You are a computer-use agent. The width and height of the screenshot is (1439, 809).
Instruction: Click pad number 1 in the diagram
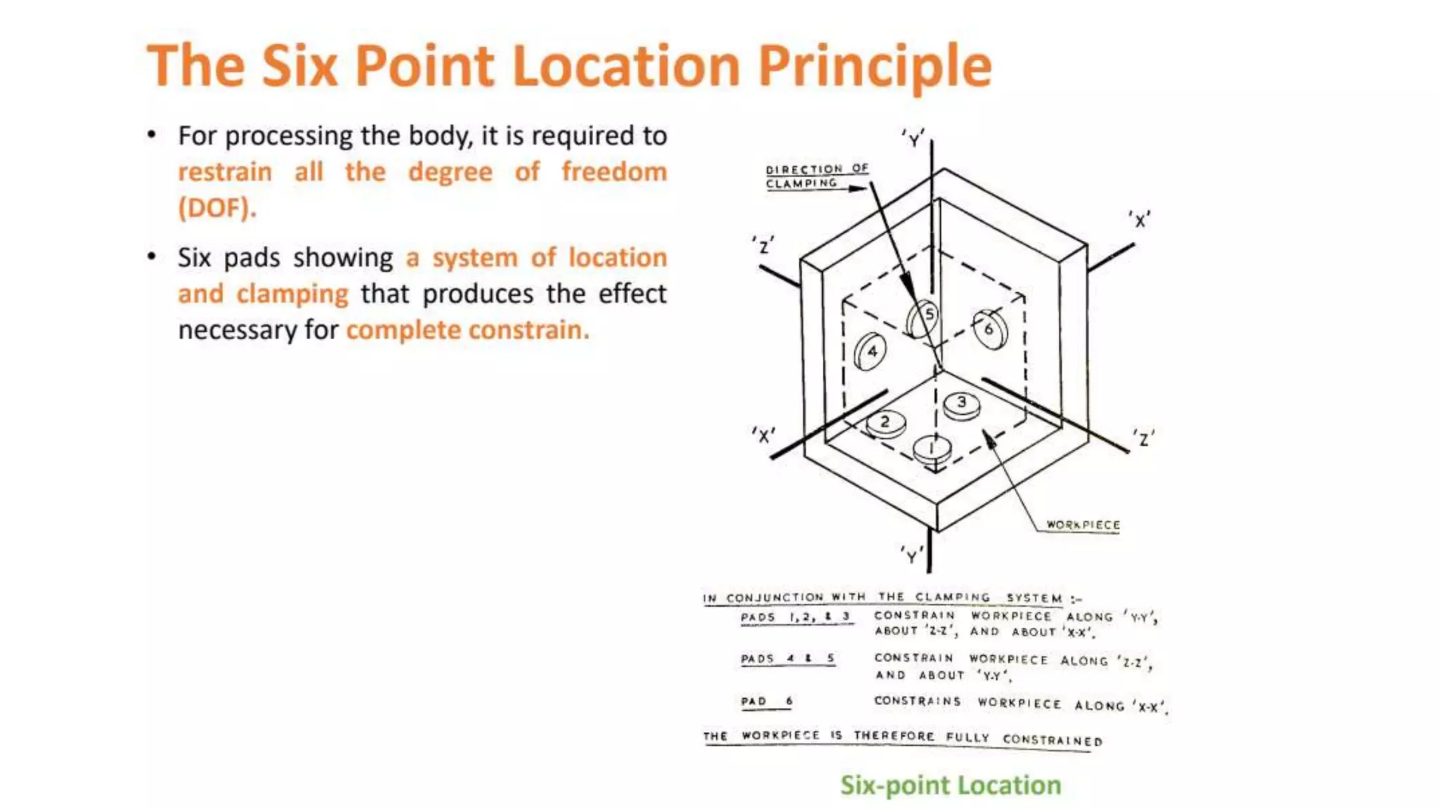tap(932, 449)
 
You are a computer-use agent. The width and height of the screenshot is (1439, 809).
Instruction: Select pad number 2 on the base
tap(885, 423)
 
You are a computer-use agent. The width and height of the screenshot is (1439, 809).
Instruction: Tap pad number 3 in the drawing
tap(962, 404)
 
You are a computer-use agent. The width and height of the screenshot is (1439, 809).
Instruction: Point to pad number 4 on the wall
tap(870, 351)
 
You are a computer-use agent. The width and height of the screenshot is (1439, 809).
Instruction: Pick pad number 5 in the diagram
tap(923, 319)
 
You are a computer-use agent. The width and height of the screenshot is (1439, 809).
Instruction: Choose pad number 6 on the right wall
tap(991, 328)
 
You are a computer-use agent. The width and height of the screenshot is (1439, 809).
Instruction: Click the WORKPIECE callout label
tap(1083, 525)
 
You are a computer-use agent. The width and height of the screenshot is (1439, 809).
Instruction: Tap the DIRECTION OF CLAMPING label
tap(816, 176)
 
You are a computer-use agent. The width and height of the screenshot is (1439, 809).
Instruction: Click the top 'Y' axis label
tap(913, 138)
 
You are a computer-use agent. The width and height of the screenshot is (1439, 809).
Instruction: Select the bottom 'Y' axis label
tap(911, 555)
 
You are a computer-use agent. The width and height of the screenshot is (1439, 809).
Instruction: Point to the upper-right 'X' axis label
tap(1140, 220)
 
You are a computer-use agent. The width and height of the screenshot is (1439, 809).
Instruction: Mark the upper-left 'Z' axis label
tap(763, 245)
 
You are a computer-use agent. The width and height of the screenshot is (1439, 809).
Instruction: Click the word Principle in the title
tap(875, 66)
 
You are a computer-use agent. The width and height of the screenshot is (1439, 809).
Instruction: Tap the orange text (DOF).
tap(217, 208)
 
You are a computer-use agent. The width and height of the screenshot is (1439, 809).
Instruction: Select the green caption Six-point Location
tap(951, 785)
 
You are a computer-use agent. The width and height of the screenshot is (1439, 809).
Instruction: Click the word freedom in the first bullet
tap(614, 171)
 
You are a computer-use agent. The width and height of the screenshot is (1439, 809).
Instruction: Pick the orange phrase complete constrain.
tap(468, 329)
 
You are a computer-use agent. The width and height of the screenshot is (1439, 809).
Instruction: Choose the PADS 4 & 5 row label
tap(788, 659)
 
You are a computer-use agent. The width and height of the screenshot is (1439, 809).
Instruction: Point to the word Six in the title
tap(300, 66)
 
